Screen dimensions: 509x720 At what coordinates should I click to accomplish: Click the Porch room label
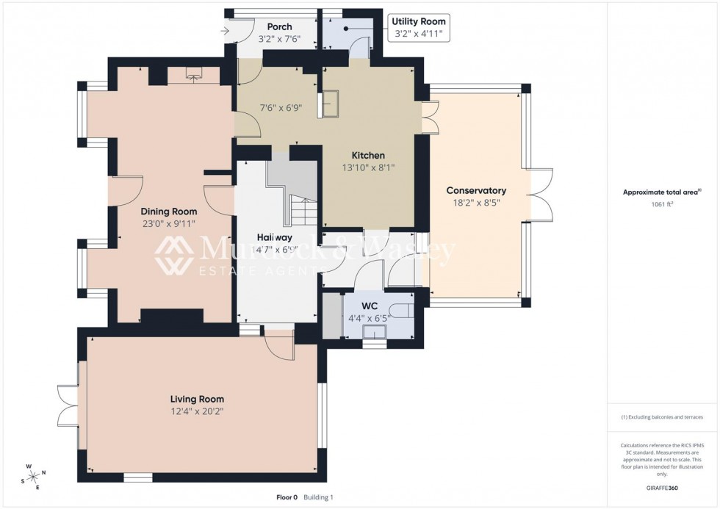click(x=279, y=27)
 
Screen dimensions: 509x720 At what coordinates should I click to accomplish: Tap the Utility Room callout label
click(x=418, y=22)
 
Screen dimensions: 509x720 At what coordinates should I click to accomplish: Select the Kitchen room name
click(x=368, y=156)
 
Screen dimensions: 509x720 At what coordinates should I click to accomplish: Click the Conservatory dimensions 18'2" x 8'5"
click(x=476, y=203)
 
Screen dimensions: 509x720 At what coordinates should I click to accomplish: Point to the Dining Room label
click(x=169, y=212)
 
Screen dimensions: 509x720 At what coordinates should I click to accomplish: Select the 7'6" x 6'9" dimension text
click(x=280, y=107)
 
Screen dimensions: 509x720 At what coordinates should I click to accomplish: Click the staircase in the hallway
click(x=302, y=211)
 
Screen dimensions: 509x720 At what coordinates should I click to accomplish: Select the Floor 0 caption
click(x=287, y=497)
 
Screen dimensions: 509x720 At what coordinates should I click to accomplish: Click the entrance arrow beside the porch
click(x=225, y=30)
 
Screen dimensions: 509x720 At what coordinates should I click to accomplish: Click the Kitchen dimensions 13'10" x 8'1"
click(x=368, y=168)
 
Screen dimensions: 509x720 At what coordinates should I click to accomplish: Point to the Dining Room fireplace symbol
click(x=194, y=74)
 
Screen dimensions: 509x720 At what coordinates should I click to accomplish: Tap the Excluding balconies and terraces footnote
click(x=661, y=417)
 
